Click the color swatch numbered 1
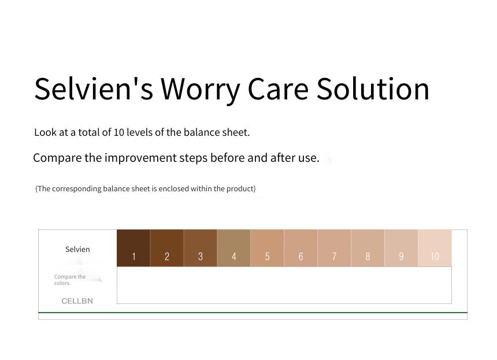click(x=133, y=248)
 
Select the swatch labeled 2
click(x=167, y=248)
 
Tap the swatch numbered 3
click(x=201, y=248)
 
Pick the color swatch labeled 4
click(x=234, y=248)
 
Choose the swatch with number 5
click(x=268, y=248)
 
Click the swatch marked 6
click(x=301, y=248)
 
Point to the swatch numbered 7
click(x=335, y=248)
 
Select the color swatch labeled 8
click(x=368, y=248)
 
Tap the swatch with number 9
click(x=401, y=248)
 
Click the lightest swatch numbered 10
click(x=435, y=248)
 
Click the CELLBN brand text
click(x=77, y=301)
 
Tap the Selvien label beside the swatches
click(x=77, y=250)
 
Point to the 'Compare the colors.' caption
click(x=70, y=280)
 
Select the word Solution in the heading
click(x=373, y=89)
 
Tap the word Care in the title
click(x=278, y=90)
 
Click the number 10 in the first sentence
click(x=118, y=132)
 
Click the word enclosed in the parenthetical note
click(x=175, y=189)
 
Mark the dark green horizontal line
click(x=253, y=313)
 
